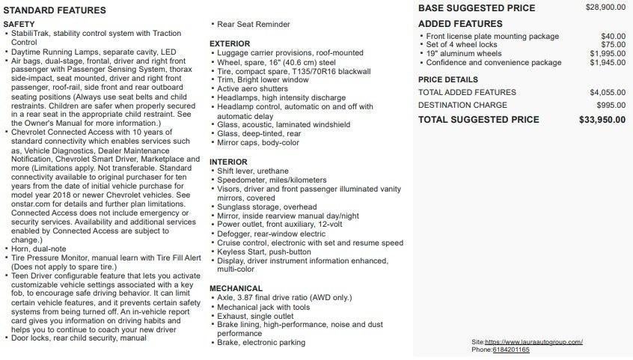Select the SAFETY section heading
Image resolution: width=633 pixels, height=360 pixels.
19,25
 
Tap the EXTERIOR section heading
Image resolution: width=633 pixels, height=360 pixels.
230,44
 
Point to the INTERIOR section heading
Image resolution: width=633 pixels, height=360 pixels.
228,162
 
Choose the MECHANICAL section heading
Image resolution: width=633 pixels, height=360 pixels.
236,288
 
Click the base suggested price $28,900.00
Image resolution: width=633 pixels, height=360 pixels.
605,7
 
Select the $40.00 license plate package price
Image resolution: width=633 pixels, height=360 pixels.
613,36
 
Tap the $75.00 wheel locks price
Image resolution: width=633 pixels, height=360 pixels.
613,45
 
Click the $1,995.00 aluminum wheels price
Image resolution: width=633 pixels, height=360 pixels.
608,54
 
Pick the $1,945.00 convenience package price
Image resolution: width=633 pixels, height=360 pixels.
608,63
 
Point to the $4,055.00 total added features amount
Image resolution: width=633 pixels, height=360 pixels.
608,93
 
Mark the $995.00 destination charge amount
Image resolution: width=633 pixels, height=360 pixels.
611,106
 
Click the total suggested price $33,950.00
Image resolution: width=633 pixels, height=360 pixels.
602,120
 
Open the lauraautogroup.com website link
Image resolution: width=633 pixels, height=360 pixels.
534,342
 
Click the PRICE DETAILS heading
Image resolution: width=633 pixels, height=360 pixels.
447,79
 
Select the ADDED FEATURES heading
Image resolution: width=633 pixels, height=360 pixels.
460,24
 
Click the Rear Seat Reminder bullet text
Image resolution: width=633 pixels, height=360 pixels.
253,25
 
